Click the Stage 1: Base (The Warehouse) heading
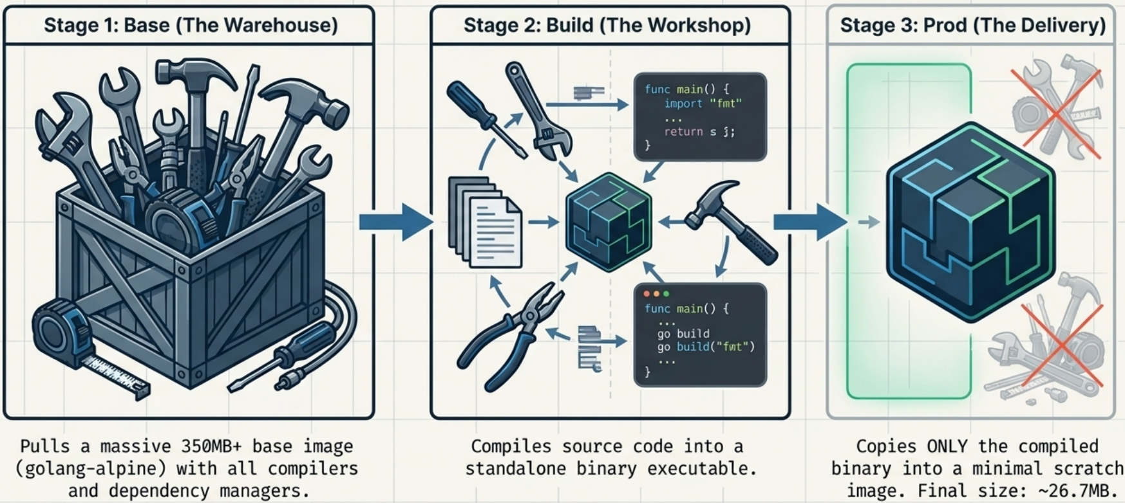(191, 25)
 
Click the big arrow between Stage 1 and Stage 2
(395, 222)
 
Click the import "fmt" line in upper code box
(703, 104)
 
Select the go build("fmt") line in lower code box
(705, 347)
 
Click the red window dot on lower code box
(647, 293)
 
